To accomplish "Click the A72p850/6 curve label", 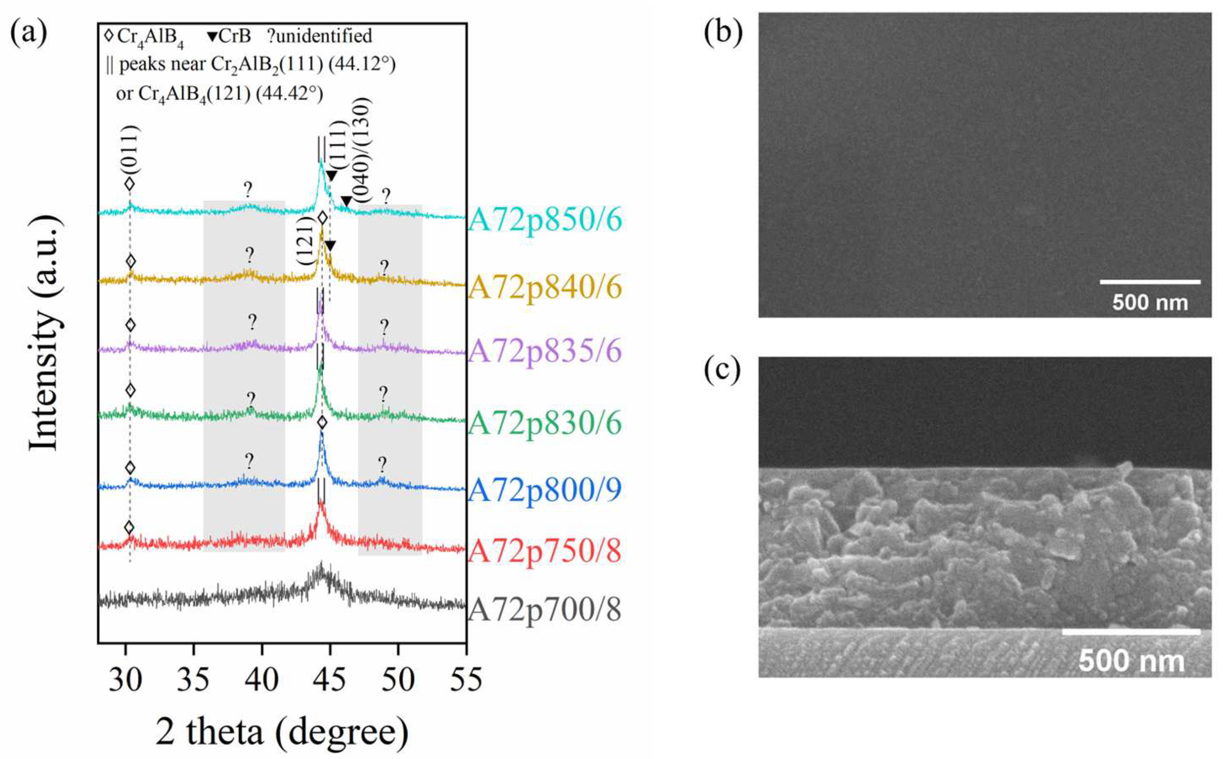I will (x=545, y=220).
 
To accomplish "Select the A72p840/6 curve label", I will (x=545, y=288).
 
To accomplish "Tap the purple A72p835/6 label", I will (x=545, y=351).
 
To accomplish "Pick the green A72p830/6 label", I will (x=545, y=423).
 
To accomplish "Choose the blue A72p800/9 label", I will (x=545, y=490).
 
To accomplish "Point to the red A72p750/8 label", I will (x=545, y=551).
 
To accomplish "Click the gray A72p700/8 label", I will (x=545, y=610).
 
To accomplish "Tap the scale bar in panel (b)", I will (x=1150, y=282).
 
